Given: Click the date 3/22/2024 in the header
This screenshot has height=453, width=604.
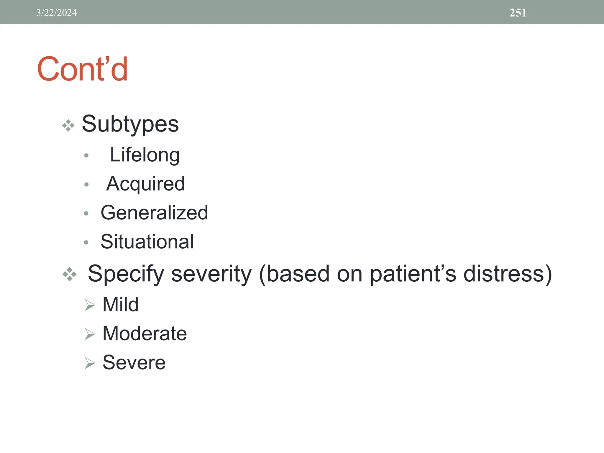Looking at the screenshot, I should point(56,13).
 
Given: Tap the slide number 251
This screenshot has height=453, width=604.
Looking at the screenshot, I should point(518,13).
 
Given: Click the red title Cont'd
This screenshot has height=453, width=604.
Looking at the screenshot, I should point(83,69).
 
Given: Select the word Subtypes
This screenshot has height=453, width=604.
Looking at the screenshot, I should point(130,124).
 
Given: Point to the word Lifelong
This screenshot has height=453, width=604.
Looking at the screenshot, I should point(145,155).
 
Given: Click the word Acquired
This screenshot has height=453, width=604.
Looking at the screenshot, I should point(145,184).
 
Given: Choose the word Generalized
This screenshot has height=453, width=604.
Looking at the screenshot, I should point(154,213).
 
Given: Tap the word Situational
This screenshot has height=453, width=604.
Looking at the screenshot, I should point(147,242).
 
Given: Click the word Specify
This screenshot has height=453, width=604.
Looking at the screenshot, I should point(126,274).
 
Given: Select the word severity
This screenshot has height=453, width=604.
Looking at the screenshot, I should point(211,274).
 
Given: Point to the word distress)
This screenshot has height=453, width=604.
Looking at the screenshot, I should point(508,274).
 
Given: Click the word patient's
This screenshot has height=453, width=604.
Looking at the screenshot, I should point(413,274).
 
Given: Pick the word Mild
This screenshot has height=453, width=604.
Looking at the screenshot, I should point(120,304).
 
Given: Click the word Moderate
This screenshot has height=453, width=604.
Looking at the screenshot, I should point(145,334).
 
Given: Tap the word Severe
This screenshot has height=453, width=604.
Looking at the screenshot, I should point(134,362).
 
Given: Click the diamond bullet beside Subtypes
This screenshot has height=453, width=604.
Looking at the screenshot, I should point(68,126).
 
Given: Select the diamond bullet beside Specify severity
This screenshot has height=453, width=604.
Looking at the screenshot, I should point(70,274).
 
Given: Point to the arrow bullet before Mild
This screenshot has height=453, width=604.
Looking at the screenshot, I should point(89,305).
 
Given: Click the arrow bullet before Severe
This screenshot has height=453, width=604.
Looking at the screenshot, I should point(89,363).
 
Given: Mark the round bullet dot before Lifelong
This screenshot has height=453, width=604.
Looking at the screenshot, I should point(86,155).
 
